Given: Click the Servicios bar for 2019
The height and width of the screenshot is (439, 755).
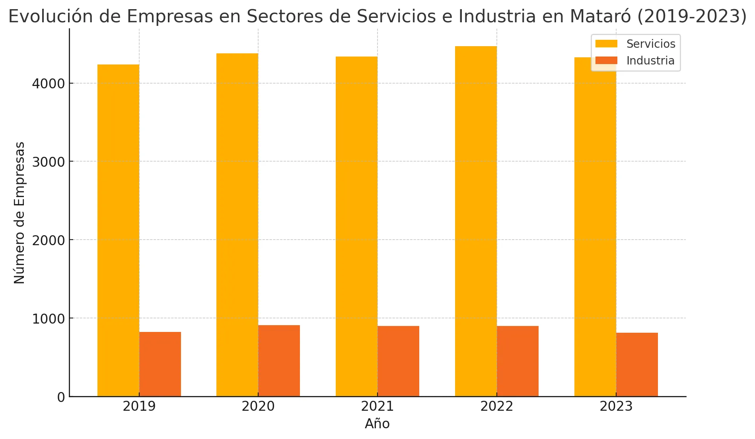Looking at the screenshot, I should (118, 231).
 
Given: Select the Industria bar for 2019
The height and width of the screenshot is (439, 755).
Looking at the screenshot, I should (160, 364).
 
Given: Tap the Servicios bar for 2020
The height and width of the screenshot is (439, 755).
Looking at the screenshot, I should (237, 225).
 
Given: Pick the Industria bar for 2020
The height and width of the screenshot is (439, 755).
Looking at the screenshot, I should (279, 361).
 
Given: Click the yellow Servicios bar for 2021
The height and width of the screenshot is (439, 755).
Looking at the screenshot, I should (356, 227).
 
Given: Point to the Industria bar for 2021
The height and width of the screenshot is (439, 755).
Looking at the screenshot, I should (398, 361).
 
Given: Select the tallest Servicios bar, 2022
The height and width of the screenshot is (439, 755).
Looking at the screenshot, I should (476, 221).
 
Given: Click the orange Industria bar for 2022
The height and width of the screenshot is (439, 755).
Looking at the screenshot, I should (518, 361).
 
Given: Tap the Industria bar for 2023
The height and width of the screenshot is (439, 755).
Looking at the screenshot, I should (637, 365).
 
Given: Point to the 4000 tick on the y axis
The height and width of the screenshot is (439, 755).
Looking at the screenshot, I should (48, 84).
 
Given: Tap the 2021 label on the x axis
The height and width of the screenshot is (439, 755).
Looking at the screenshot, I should (377, 407).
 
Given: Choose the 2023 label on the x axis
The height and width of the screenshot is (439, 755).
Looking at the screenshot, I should (616, 407).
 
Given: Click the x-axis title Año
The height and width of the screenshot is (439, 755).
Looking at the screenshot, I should (377, 424).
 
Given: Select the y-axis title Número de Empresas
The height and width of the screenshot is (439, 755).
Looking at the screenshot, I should (19, 213).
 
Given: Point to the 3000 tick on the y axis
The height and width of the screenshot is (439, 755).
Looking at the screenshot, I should (48, 162).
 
